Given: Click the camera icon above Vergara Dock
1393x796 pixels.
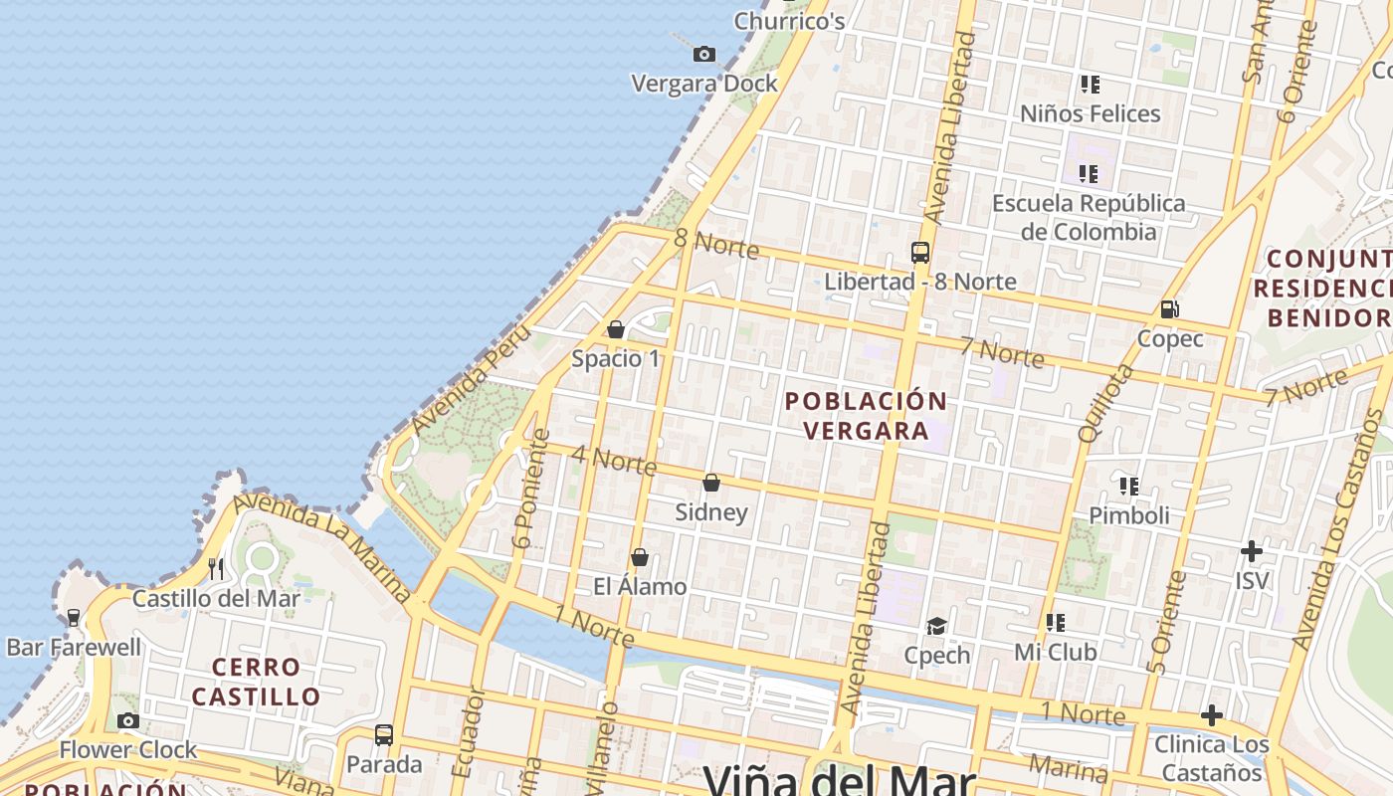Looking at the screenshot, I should click(704, 54).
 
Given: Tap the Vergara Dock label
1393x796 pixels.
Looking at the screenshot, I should click(704, 84).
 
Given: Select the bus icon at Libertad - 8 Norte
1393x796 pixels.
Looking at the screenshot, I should click(920, 253).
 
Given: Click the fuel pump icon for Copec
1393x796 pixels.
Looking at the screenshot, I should click(1170, 309).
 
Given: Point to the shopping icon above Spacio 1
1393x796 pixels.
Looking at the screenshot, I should click(616, 329).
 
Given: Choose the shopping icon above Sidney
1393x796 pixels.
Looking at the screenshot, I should click(711, 484).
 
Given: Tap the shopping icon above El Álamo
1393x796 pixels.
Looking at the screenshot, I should click(640, 557).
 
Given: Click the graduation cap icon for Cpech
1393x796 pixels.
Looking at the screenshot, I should click(936, 626).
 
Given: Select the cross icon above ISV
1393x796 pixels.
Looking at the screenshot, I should click(1252, 550).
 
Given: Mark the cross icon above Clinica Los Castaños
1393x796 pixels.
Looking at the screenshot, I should click(1212, 715).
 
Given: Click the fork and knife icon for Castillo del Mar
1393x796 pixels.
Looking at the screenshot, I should click(216, 568).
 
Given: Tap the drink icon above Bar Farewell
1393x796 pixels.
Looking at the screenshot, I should click(74, 618).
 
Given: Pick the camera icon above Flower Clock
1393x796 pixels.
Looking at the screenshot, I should click(128, 720).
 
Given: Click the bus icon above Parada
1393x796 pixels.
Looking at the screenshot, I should click(384, 735).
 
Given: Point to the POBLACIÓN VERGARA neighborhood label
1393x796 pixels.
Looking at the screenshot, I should click(866, 416).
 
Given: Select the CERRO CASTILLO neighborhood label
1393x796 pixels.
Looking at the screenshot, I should click(256, 682).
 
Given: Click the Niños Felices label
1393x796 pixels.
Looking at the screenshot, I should click(1091, 113).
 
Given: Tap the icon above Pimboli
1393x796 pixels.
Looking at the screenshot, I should click(1129, 487).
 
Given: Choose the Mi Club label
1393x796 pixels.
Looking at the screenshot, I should click(1056, 653).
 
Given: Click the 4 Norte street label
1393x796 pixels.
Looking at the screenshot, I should click(614, 461).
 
